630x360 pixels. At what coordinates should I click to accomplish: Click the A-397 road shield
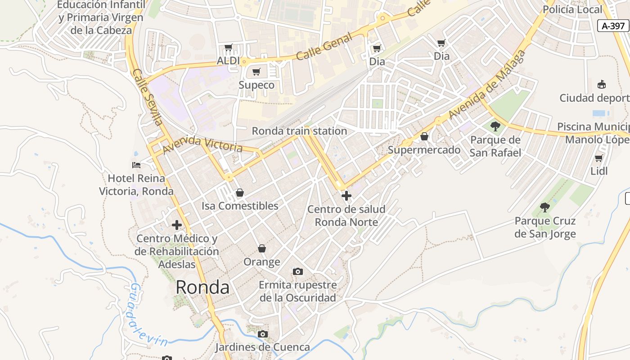pyautogui.click(x=613, y=26)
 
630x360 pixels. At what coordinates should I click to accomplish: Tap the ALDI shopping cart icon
pyautogui.click(x=229, y=48)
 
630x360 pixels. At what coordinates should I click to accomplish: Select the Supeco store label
pyautogui.click(x=256, y=85)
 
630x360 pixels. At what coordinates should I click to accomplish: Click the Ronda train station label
pyautogui.click(x=299, y=131)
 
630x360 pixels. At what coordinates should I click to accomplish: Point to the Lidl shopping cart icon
pyautogui.click(x=599, y=158)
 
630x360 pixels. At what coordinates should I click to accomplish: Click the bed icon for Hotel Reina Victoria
pyautogui.click(x=136, y=165)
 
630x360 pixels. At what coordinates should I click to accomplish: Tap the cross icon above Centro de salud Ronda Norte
pyautogui.click(x=346, y=196)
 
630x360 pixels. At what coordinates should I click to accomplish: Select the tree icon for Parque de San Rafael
pyautogui.click(x=495, y=126)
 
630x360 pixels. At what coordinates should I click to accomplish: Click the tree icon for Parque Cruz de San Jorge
pyautogui.click(x=545, y=207)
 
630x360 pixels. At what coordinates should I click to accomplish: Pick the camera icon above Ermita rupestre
pyautogui.click(x=297, y=271)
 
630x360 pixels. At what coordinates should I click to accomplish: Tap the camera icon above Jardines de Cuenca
pyautogui.click(x=263, y=334)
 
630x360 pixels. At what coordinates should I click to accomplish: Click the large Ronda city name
pyautogui.click(x=202, y=287)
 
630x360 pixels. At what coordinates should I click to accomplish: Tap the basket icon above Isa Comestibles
pyautogui.click(x=240, y=193)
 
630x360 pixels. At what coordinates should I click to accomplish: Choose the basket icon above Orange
pyautogui.click(x=262, y=248)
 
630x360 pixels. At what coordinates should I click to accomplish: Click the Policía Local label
pyautogui.click(x=572, y=9)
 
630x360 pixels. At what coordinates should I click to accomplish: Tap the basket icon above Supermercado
pyautogui.click(x=424, y=136)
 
